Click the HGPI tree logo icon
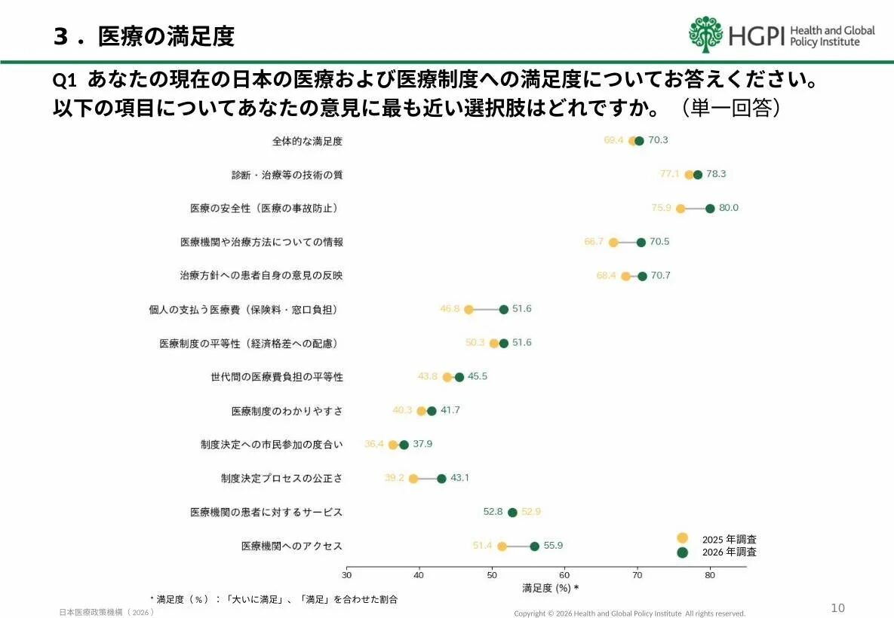705,35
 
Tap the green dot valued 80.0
710,209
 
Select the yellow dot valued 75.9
680,209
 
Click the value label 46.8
450,309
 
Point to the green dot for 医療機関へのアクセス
535,546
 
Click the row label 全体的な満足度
307,141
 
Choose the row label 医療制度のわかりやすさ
287,411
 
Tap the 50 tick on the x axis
492,574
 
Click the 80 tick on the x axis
710,574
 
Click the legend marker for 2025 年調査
683,538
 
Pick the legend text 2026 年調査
729,552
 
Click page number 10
837,608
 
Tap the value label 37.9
422,444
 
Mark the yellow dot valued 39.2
413,479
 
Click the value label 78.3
716,174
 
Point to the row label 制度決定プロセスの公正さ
281,479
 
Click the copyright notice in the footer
629,613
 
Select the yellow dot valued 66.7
613,243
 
